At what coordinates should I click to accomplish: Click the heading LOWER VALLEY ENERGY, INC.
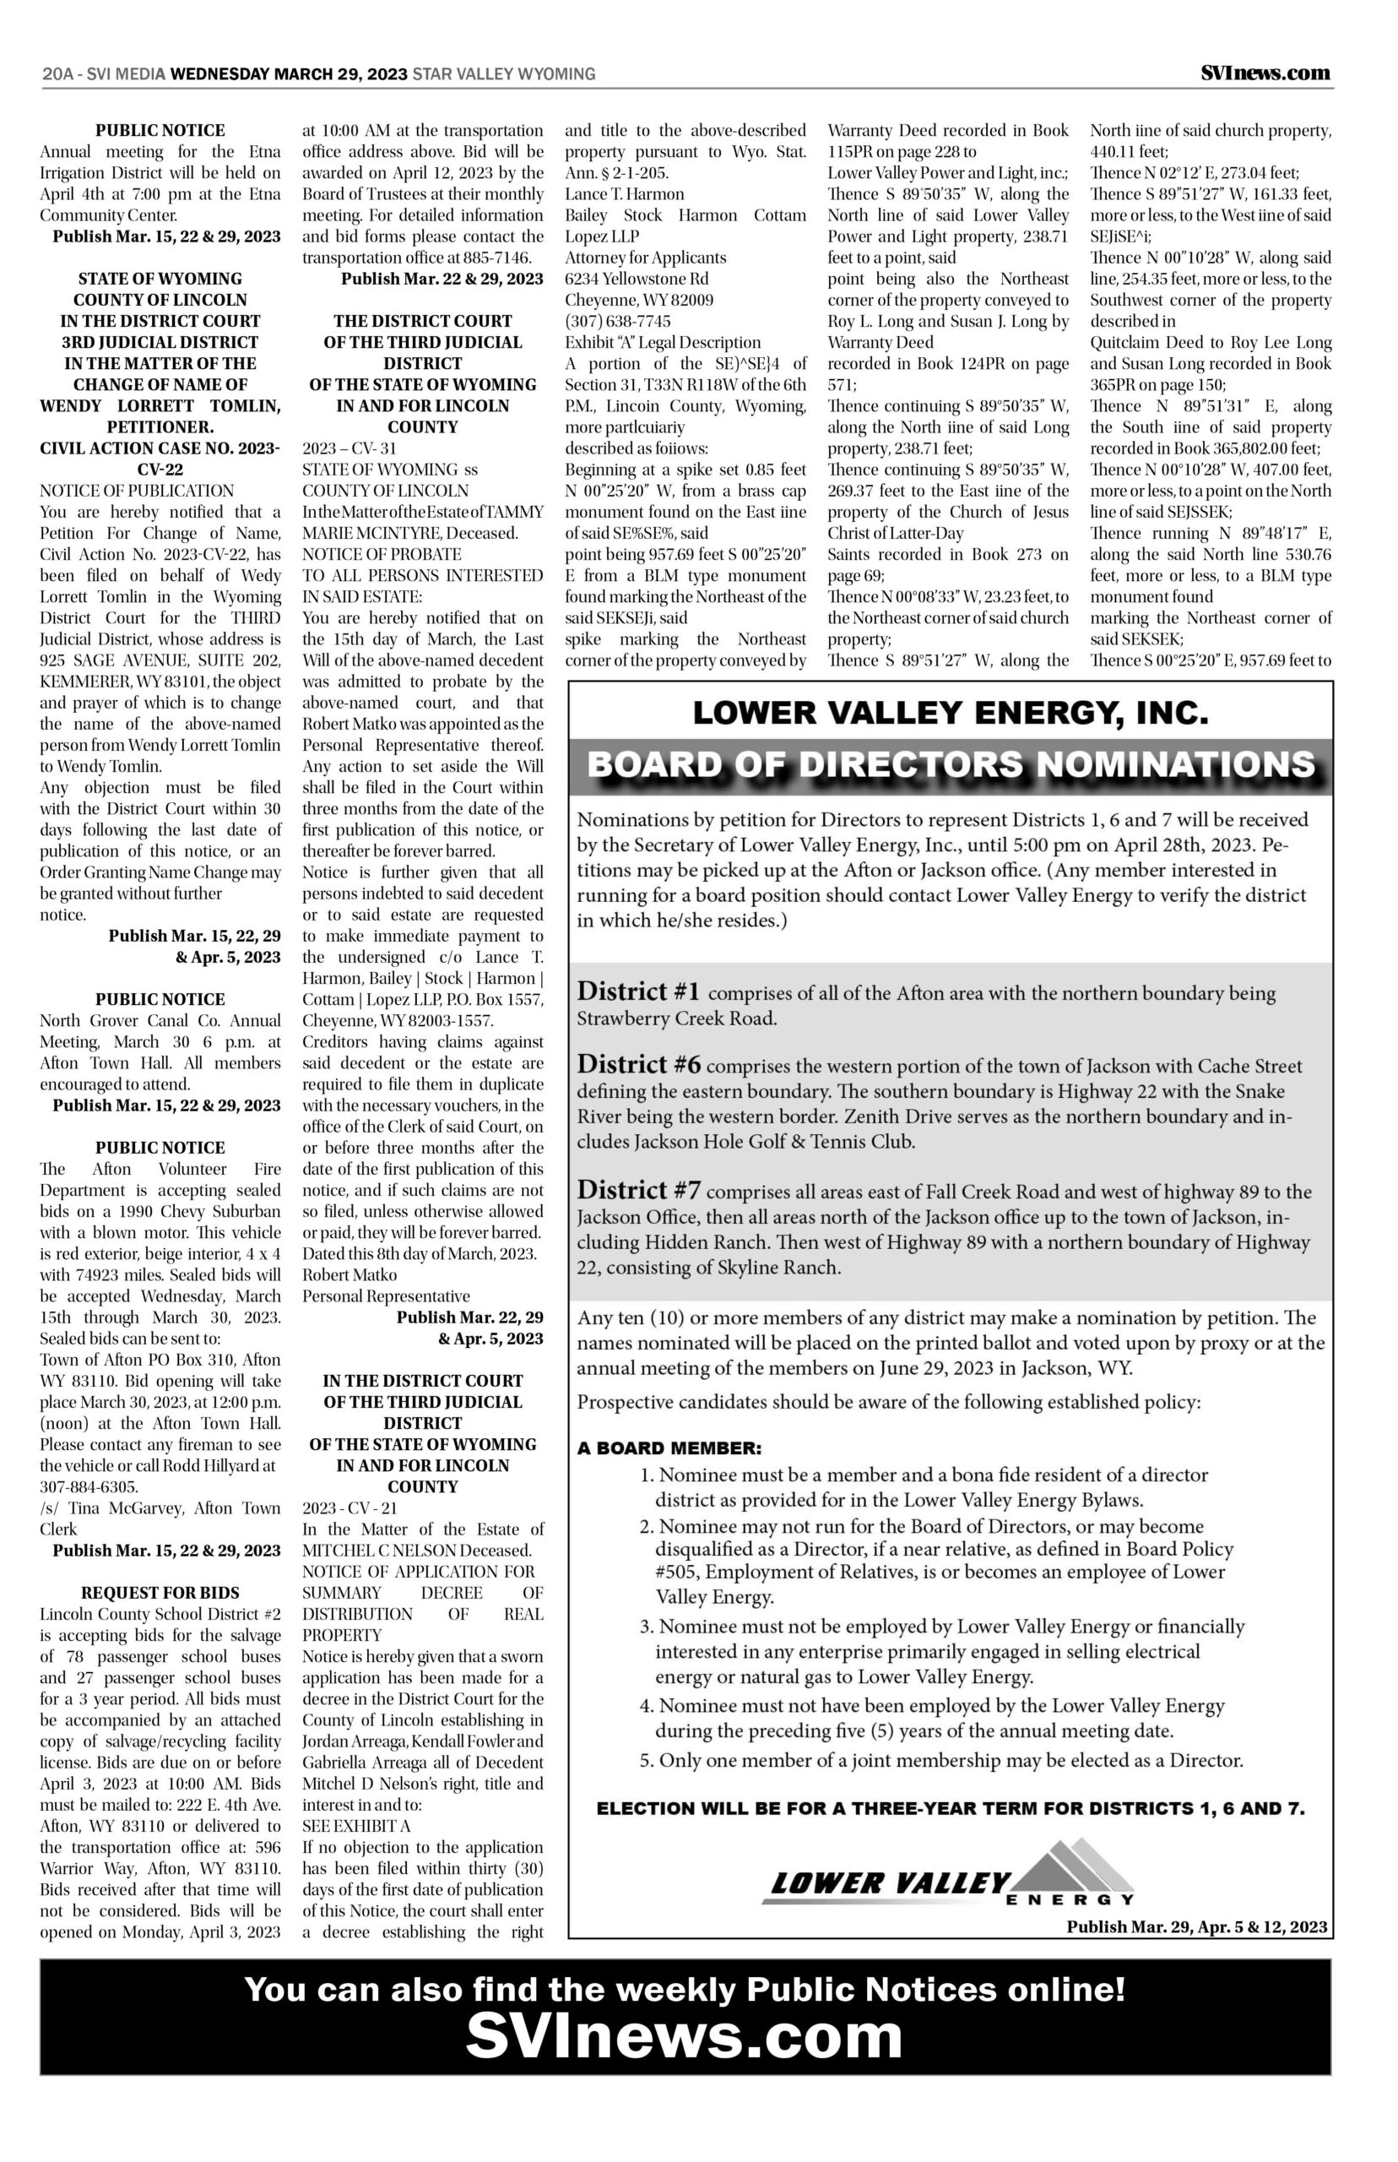950,714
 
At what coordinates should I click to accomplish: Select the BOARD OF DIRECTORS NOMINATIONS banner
950,764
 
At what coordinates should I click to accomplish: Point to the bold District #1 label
638,991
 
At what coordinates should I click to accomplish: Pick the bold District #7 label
639,1191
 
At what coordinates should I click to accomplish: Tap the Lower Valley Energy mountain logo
950,1877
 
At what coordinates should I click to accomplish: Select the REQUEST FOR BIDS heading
160,1593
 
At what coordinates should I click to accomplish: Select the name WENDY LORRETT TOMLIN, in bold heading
160,406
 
